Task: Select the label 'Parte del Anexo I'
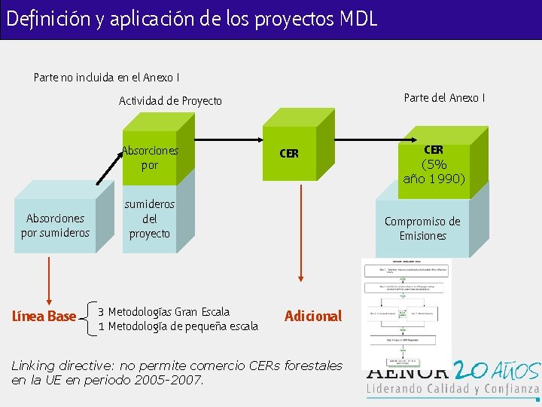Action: click(x=444, y=97)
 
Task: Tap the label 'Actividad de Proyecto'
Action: click(x=170, y=100)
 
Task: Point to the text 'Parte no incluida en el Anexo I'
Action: click(x=106, y=77)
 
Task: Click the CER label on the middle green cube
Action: click(x=289, y=154)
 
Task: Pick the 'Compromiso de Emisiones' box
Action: click(x=422, y=228)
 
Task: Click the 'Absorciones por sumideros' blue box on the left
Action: click(x=55, y=225)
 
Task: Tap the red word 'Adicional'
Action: click(x=313, y=316)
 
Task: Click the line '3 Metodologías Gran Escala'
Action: click(x=163, y=311)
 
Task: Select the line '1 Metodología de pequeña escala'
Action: click(x=178, y=326)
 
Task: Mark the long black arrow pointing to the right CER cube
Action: click(x=301, y=139)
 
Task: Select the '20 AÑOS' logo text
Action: click(x=498, y=371)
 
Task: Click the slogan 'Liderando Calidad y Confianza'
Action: click(x=452, y=390)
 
